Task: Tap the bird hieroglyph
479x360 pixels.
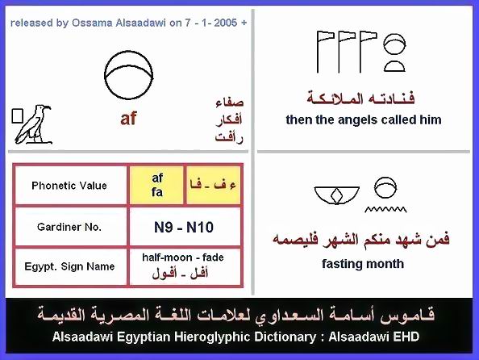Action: [34, 125]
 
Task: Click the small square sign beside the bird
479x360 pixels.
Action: [18, 116]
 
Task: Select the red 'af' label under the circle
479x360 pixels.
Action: [128, 119]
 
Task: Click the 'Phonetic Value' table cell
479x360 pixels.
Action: [69, 186]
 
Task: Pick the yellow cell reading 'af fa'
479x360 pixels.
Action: [157, 185]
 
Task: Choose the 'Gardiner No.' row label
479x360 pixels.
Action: [69, 227]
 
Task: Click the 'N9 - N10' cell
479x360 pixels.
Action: [184, 228]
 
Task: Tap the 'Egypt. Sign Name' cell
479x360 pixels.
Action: [69, 266]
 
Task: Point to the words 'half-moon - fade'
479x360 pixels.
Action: [183, 257]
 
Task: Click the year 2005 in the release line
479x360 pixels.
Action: [226, 23]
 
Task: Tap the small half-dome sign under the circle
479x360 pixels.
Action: [394, 67]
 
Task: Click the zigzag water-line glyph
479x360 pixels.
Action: [385, 209]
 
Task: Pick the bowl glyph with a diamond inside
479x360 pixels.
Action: [336, 195]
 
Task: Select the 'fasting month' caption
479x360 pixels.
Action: [363, 264]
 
